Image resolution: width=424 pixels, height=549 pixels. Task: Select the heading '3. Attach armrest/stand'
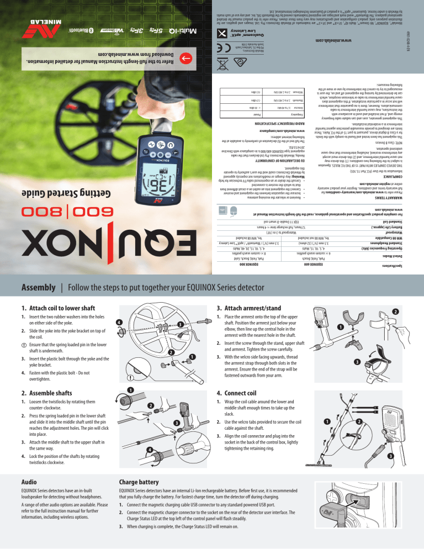click(x=256, y=308)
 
